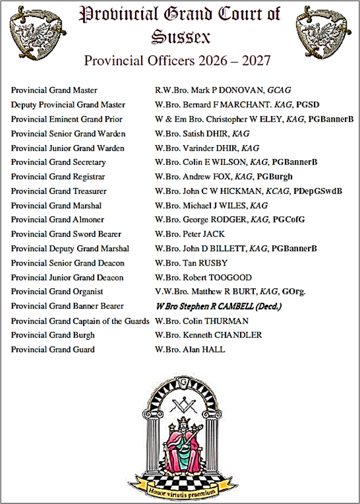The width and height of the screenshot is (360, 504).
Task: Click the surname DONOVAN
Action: click(243, 90)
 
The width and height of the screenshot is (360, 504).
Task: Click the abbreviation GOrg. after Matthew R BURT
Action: click(293, 292)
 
